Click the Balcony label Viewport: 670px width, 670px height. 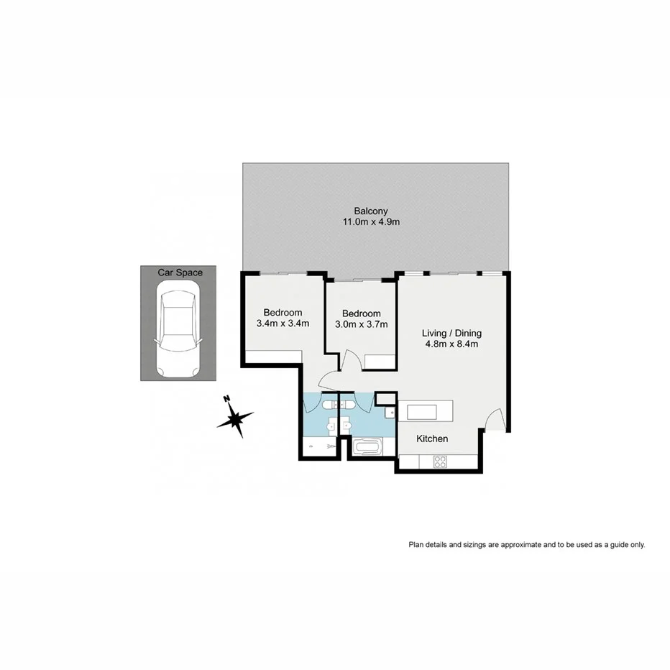371,211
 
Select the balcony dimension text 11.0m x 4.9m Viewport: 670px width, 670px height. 371,222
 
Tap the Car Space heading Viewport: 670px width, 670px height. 180,272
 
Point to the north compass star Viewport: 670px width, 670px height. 237,419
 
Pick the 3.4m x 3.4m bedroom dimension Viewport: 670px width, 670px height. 283,323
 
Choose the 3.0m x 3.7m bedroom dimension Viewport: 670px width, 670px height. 361,324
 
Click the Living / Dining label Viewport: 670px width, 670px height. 451,333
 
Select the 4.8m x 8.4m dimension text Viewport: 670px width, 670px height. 451,344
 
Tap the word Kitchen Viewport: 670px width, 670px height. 433,439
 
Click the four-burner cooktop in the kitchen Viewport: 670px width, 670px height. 440,462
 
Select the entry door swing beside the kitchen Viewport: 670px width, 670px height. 495,420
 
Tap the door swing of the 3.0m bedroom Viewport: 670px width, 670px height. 352,360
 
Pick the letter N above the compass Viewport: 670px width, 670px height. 226,399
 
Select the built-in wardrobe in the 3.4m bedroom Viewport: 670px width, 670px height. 273,356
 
